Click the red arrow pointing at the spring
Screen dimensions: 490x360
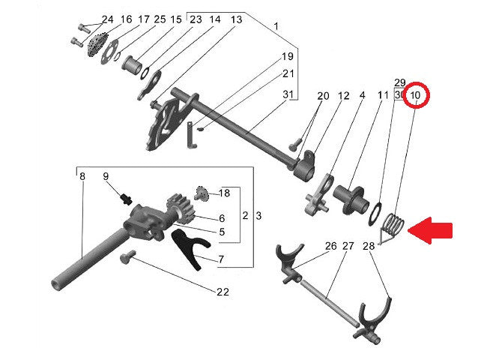[x=430, y=230]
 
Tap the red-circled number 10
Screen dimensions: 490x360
[x=415, y=95]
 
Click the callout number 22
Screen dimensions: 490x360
[x=223, y=292]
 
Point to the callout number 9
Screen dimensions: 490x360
[x=106, y=176]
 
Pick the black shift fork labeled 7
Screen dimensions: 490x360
[x=191, y=249]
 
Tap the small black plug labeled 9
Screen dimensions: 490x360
[x=127, y=199]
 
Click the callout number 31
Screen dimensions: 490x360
[x=288, y=94]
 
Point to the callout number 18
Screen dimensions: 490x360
[x=224, y=193]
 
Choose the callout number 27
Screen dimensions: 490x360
[x=348, y=246]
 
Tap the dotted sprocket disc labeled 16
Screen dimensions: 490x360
[x=97, y=45]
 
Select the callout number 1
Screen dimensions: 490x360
[x=276, y=26]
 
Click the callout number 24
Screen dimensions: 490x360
[x=107, y=19]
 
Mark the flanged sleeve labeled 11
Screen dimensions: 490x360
[x=348, y=199]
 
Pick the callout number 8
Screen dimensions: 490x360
[x=82, y=176]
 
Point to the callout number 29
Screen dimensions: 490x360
[x=399, y=83]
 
